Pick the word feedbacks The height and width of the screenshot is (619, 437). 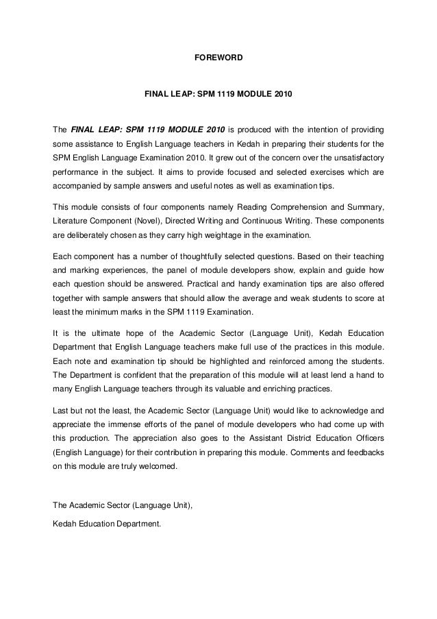click(364, 452)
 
